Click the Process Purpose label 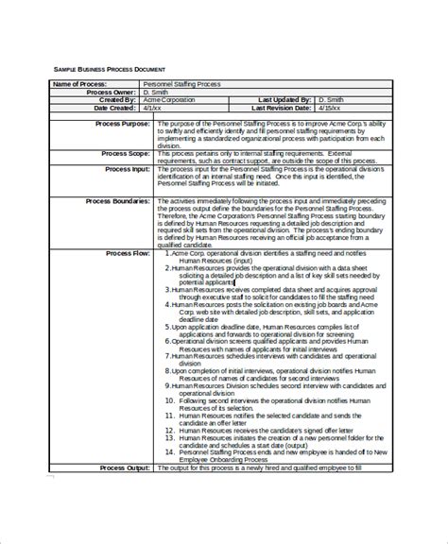pyautogui.click(x=118, y=124)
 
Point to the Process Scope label pyautogui.click(x=121, y=152)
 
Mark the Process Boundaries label pyautogui.click(x=116, y=201)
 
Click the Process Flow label pyautogui.click(x=126, y=254)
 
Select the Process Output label pyautogui.click(x=120, y=493)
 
